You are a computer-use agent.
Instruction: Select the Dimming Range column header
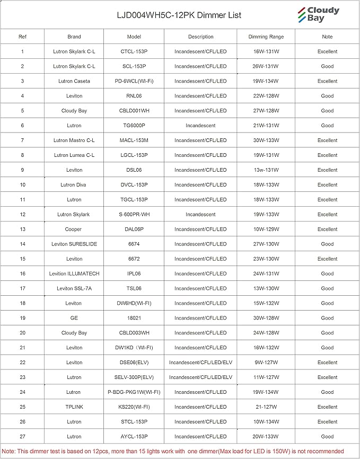(266, 37)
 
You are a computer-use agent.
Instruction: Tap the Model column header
(134, 37)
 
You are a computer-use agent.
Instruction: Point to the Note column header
(327, 37)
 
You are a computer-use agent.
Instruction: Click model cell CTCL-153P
(134, 51)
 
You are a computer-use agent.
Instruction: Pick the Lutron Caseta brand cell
(74, 81)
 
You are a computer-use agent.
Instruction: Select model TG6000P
(134, 126)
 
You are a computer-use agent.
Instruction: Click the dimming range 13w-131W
(266, 170)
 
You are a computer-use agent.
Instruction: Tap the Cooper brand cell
(74, 229)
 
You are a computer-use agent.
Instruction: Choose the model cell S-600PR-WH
(134, 215)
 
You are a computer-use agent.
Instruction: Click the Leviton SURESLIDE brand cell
(74, 244)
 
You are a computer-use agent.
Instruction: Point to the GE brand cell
(74, 318)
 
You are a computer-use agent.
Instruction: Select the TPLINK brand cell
(74, 407)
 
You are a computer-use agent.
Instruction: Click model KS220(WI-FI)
(134, 407)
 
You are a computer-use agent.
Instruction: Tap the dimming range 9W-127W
(266, 363)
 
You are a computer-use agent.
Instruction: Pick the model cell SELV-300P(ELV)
(134, 377)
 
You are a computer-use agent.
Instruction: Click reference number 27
(22, 437)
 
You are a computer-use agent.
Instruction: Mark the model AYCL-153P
(134, 437)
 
